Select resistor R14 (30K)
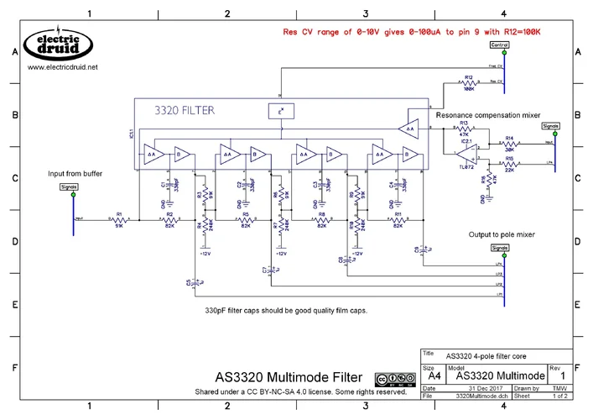click(510, 144)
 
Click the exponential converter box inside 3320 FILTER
click(282, 111)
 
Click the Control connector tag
click(500, 45)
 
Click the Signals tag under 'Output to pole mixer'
click(500, 248)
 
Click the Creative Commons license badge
click(394, 379)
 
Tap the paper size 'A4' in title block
click(433, 379)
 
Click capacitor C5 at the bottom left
click(194, 283)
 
